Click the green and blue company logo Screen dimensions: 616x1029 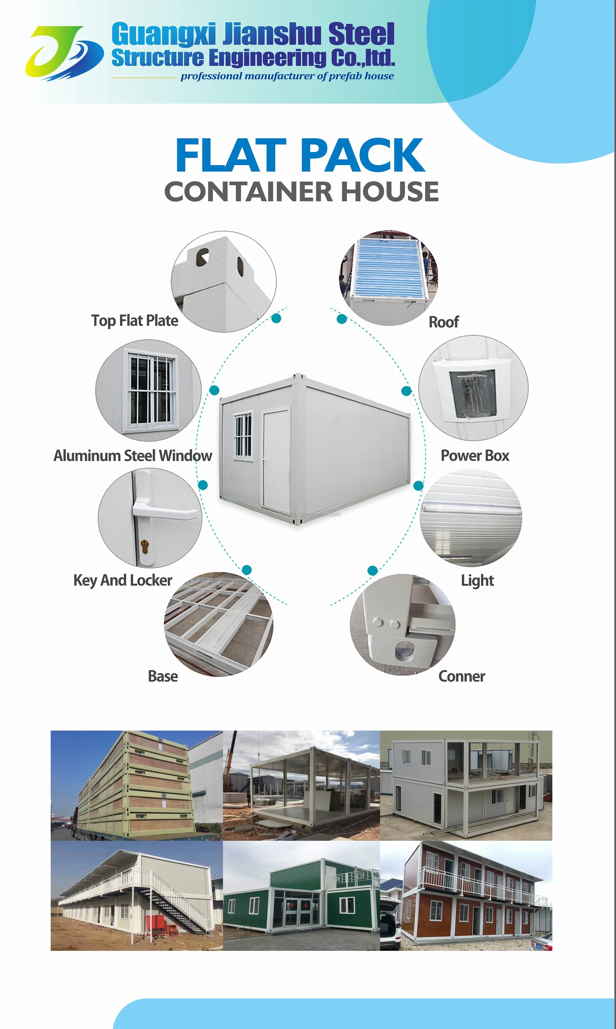point(64,53)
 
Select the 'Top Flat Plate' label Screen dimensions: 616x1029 point(135,320)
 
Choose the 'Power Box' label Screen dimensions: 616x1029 point(474,456)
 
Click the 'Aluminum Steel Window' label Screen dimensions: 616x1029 point(133,456)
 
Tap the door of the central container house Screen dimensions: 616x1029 point(276,457)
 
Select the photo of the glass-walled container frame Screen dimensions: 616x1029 point(301,786)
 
